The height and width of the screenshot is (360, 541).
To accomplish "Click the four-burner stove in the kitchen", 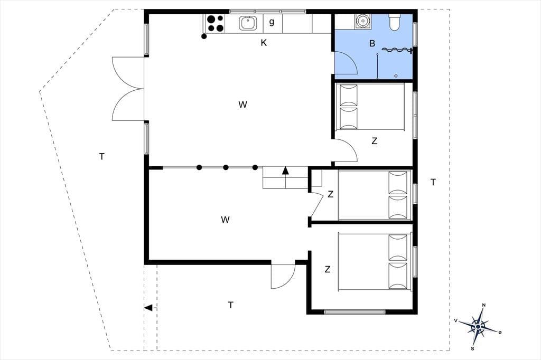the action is (x=214, y=23).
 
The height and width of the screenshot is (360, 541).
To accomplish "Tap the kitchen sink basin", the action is (x=248, y=23).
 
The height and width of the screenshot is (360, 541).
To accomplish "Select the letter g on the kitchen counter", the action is (x=272, y=22).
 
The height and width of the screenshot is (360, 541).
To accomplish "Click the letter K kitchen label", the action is (x=264, y=43).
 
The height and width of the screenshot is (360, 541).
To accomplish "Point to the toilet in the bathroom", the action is (x=394, y=22).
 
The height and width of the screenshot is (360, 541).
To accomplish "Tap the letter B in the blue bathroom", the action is (x=372, y=43).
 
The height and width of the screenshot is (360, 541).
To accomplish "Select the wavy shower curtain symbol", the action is (x=397, y=50).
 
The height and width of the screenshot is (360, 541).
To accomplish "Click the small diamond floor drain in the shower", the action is (x=396, y=76).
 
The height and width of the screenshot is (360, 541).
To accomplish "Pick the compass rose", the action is (x=478, y=326).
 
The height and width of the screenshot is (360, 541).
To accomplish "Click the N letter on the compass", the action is (x=484, y=305).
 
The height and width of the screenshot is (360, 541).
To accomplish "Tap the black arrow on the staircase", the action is (x=285, y=170).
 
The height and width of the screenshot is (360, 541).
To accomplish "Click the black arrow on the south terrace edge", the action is (x=148, y=308).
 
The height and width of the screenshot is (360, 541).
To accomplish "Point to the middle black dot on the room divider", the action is (x=226, y=167).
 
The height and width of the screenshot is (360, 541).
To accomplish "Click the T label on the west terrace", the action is (x=102, y=157).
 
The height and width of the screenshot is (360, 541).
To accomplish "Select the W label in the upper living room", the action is (x=242, y=105).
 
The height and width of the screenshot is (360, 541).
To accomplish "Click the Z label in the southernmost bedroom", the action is (x=328, y=269).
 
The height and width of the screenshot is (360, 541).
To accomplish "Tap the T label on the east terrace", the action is (x=433, y=182).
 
